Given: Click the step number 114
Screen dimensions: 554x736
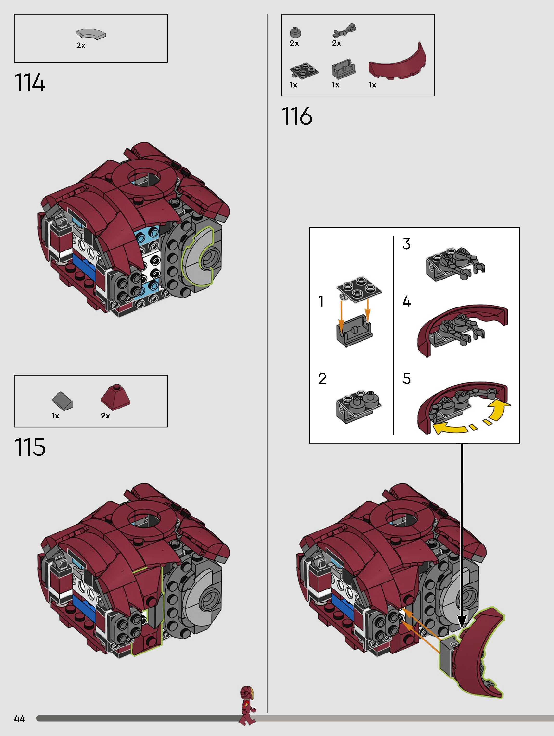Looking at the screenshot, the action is (x=30, y=83).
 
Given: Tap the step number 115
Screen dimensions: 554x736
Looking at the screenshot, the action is (x=30, y=447).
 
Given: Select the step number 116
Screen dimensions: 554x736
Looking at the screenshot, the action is (x=297, y=116).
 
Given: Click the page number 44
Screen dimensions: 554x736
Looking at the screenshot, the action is (x=20, y=719).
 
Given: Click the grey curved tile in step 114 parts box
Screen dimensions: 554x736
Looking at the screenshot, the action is (x=91, y=34).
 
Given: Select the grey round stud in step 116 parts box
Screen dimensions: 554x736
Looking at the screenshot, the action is (x=295, y=32).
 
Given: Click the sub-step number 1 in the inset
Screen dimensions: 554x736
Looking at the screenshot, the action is (x=321, y=301).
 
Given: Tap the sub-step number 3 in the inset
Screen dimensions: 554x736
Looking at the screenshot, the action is (x=406, y=244).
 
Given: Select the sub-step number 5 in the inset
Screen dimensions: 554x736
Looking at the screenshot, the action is (x=407, y=379).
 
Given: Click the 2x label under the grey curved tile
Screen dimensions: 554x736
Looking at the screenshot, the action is (x=81, y=45).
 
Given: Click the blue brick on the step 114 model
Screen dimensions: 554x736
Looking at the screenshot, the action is (x=83, y=266).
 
